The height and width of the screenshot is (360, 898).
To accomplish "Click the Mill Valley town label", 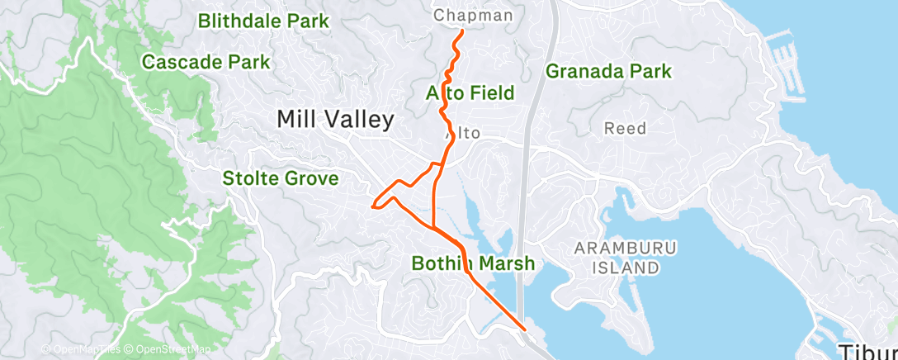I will [x=335, y=120].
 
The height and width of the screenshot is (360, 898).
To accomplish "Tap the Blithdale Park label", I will [x=263, y=21].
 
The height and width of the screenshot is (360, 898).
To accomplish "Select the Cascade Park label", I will [x=206, y=62].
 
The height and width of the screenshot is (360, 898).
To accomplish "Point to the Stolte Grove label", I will [x=280, y=178].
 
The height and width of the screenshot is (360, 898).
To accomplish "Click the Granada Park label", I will [x=608, y=72].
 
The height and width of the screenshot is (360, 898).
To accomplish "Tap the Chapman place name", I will [x=473, y=16].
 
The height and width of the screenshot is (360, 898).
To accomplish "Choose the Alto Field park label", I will [x=470, y=92].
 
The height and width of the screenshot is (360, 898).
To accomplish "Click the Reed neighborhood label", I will [x=625, y=129].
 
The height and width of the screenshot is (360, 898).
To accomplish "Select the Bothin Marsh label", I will [x=473, y=263].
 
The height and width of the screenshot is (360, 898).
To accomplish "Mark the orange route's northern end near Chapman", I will [x=460, y=31].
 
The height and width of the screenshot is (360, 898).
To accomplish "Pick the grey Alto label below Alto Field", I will [x=463, y=133].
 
